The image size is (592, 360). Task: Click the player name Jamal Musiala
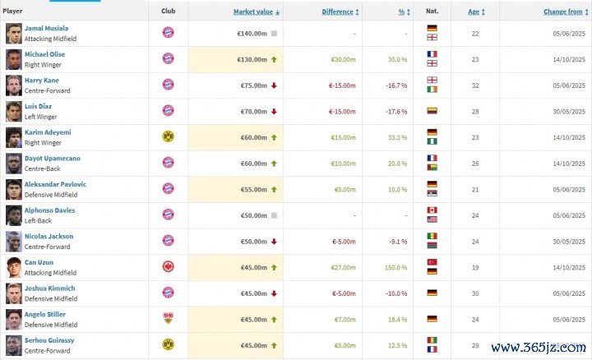pos(45,28)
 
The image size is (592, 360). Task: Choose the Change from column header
pos(562,12)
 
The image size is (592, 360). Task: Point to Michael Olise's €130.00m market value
pos(252,59)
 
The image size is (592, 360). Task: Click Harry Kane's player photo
pos(14,85)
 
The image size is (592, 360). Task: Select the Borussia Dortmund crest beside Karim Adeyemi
pos(168,137)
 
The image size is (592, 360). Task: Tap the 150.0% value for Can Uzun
pos(396,268)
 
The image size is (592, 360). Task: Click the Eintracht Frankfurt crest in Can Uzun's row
pos(168,268)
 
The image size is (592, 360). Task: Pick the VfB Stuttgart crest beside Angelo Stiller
pos(168,320)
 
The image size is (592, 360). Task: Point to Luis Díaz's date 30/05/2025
pos(564,112)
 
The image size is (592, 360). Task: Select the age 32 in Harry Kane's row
pos(473,85)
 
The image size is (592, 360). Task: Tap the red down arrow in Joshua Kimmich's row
pos(273,294)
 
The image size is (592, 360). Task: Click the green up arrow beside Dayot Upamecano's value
pos(273,164)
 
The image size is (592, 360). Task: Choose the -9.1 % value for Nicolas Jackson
pos(397,242)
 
